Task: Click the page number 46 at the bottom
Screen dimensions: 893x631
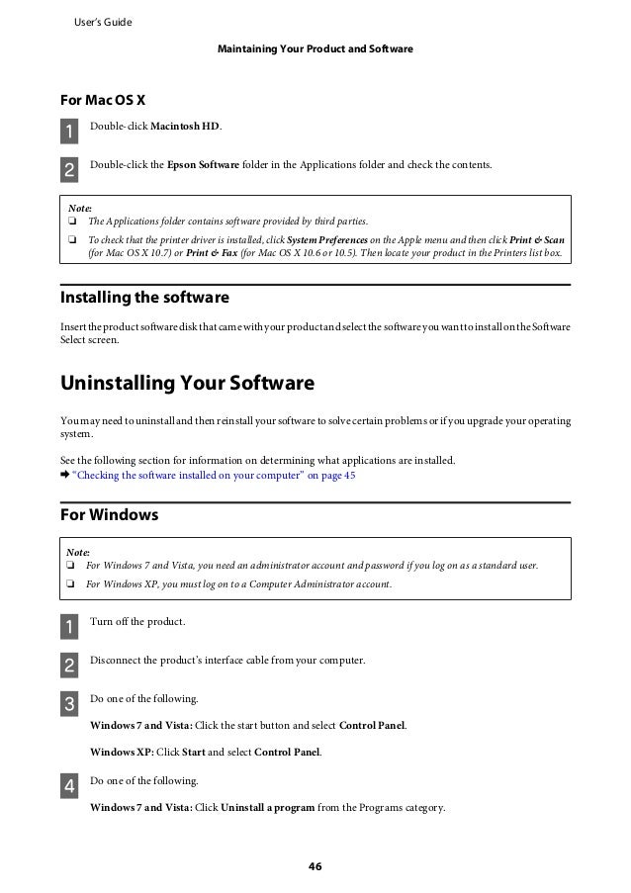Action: coord(315,867)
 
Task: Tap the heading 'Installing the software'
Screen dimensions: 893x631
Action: coord(144,297)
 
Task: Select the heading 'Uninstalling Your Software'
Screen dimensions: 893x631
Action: coord(187,383)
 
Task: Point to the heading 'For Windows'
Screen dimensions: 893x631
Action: coord(110,515)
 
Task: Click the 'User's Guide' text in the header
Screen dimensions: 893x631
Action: coord(103,22)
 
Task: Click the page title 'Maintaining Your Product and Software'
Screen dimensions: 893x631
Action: coord(315,48)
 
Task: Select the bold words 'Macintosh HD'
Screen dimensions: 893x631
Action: coord(192,127)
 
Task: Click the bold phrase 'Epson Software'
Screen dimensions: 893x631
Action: coord(203,163)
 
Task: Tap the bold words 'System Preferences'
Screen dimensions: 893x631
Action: coord(327,239)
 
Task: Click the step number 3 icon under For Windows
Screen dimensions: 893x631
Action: coord(69,705)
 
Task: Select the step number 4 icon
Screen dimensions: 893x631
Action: coord(69,787)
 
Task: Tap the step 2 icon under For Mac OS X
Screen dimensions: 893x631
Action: coord(69,169)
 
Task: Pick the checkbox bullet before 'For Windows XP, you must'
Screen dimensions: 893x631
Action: coord(71,584)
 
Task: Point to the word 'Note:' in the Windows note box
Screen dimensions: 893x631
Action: coord(77,551)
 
